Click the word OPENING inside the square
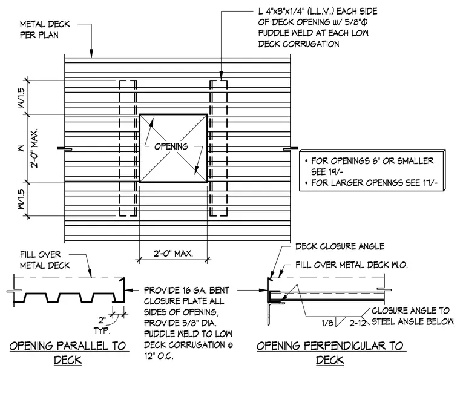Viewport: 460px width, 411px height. click(x=171, y=146)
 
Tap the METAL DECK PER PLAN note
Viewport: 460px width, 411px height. click(x=45, y=29)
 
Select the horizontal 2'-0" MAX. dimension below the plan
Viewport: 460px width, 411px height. click(x=173, y=253)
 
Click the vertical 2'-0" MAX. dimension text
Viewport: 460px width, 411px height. click(x=34, y=148)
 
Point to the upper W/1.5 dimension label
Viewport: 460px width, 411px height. click(x=21, y=97)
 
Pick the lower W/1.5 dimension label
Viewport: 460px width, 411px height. click(x=21, y=199)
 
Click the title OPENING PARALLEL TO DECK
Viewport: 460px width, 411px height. click(x=68, y=353)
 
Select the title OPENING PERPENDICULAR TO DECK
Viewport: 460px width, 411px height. click(x=330, y=353)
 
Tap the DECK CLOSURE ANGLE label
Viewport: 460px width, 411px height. click(x=340, y=246)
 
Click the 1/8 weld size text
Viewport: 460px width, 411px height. click(x=327, y=323)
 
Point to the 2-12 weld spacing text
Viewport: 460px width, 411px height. click(x=358, y=323)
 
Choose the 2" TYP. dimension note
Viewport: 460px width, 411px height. click(x=102, y=325)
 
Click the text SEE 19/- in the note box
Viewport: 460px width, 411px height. click(x=327, y=172)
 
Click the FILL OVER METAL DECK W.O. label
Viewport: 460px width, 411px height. click(x=352, y=265)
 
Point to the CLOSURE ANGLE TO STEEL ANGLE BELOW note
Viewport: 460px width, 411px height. click(x=412, y=316)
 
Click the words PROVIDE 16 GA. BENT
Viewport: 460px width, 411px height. click(x=186, y=290)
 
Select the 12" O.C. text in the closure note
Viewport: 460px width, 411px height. click(x=159, y=356)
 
